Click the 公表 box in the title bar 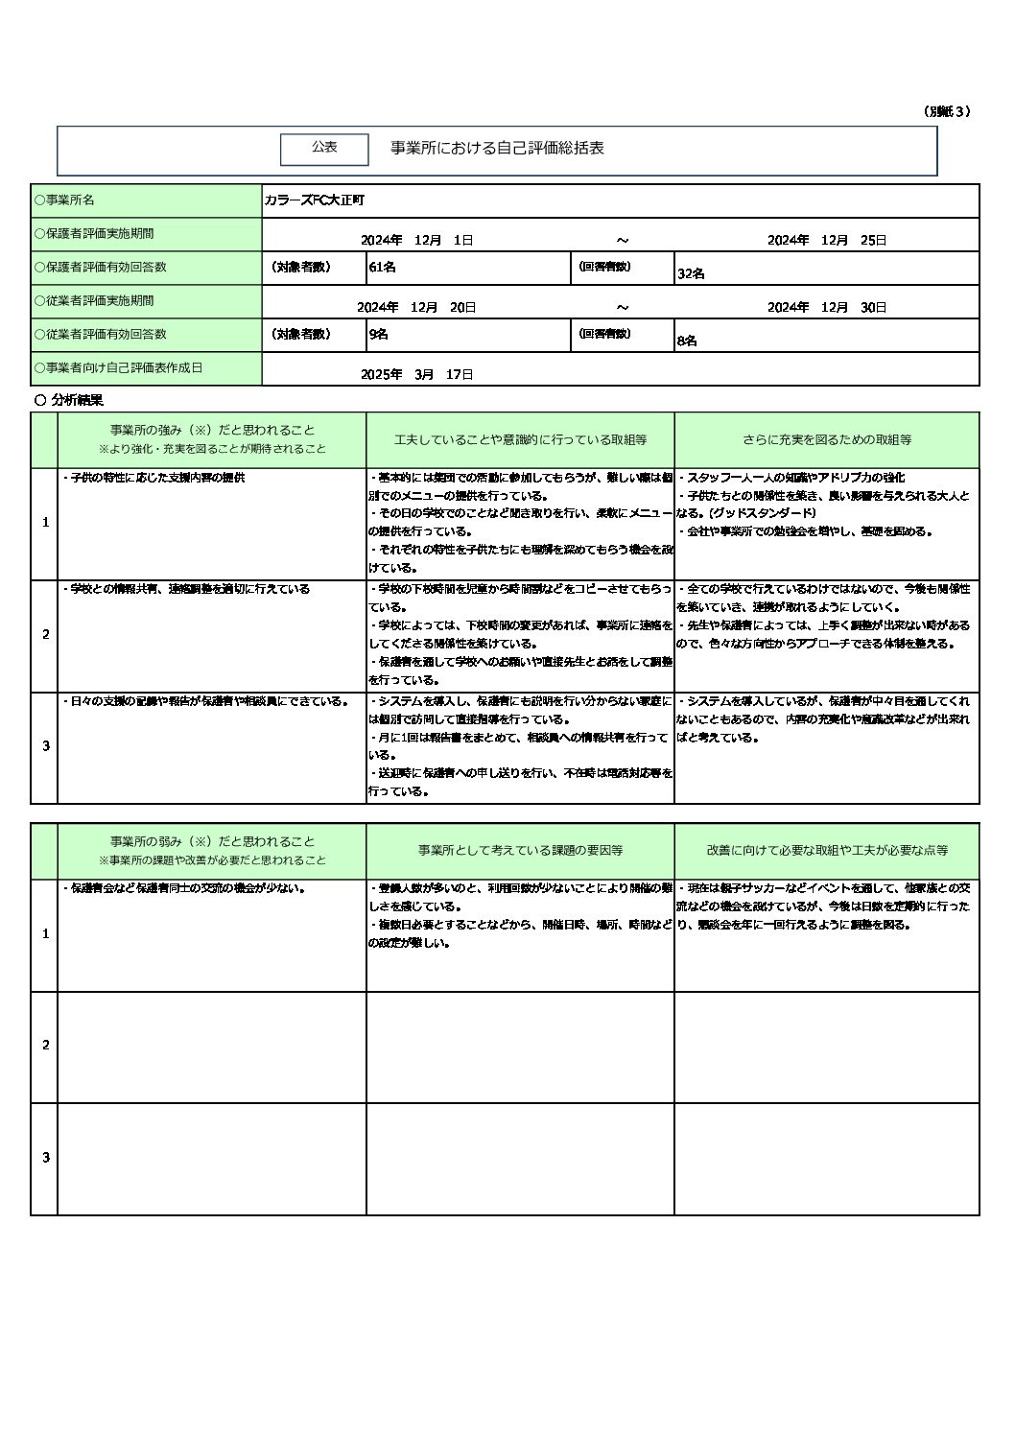point(324,148)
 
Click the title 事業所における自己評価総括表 point(497,149)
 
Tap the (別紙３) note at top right point(947,111)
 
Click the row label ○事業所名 point(64,200)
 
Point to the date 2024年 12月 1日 point(416,240)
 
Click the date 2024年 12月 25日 point(826,240)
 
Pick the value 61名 point(382,268)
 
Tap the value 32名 point(691,273)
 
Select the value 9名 point(378,335)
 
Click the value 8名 point(687,341)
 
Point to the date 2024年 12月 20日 point(416,307)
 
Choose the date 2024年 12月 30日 point(826,307)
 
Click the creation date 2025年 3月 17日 point(416,374)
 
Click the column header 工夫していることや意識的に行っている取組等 point(520,440)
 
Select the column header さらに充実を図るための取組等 point(827,440)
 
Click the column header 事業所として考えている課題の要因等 point(520,851)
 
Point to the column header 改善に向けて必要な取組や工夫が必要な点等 point(827,851)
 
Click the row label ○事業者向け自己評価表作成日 point(118,368)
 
